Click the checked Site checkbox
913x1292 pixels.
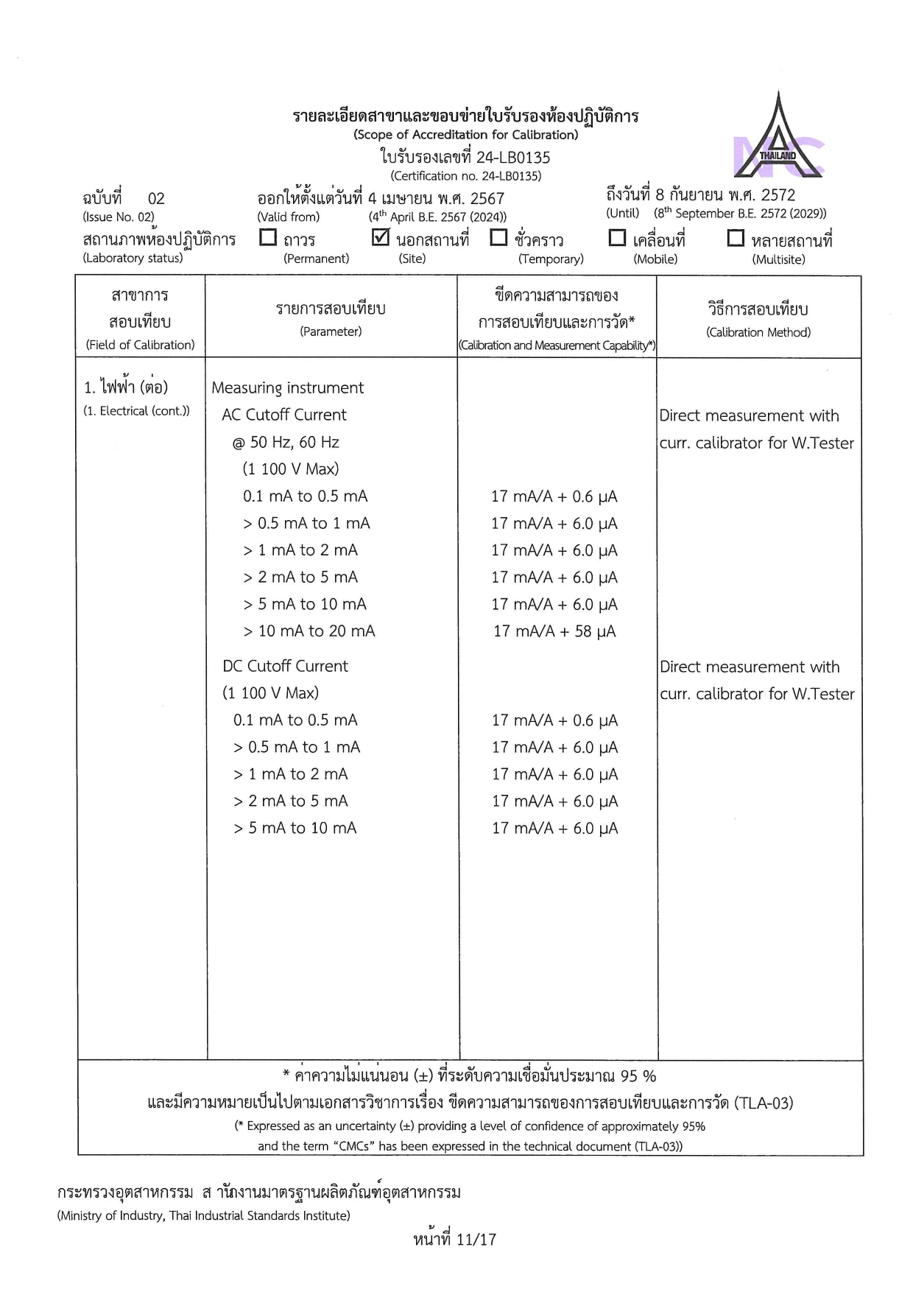coord(381,237)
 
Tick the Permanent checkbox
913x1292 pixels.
coord(269,238)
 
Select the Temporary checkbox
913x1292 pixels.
coord(498,238)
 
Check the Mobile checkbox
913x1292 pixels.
coord(617,238)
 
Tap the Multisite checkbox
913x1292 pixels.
coord(735,238)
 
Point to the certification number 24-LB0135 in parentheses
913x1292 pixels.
coord(465,176)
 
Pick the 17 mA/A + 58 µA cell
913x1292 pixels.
coord(554,631)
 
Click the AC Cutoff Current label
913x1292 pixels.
coord(284,415)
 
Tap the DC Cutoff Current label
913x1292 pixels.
coord(285,666)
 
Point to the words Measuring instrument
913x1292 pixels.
coord(287,388)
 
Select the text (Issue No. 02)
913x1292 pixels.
coord(119,217)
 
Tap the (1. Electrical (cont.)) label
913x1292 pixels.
coord(136,411)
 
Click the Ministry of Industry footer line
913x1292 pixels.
coord(203,1215)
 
